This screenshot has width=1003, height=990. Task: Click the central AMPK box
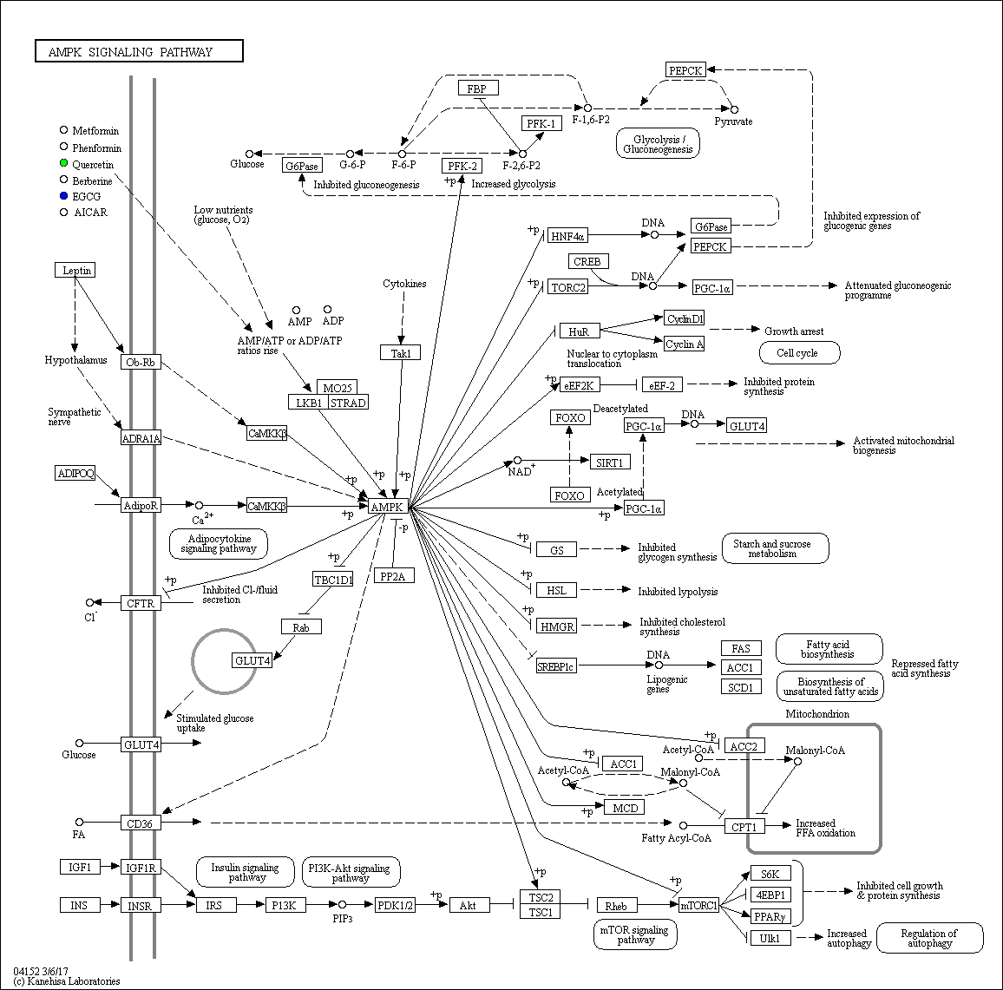point(389,508)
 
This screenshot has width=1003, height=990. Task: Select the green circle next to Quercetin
point(63,164)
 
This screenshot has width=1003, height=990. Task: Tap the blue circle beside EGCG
point(63,196)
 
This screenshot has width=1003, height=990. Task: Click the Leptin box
point(75,270)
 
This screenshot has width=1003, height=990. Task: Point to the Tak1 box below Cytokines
point(401,352)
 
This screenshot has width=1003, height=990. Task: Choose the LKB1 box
point(308,403)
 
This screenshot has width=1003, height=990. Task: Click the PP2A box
point(393,576)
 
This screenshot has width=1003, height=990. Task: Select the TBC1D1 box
point(332,580)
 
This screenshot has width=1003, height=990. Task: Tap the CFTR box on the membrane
point(141,603)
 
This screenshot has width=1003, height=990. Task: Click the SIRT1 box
point(610,462)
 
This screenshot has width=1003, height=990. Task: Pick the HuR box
point(579,331)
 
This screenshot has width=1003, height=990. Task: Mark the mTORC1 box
point(698,905)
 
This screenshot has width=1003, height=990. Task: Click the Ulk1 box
point(770,938)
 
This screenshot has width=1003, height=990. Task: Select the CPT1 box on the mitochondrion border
point(744,827)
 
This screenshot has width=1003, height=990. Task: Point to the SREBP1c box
point(556,666)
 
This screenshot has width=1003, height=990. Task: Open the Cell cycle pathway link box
point(800,352)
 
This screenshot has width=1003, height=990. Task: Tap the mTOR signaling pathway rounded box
point(635,934)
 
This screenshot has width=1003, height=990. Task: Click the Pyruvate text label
point(733,121)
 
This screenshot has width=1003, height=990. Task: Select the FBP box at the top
point(478,89)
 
